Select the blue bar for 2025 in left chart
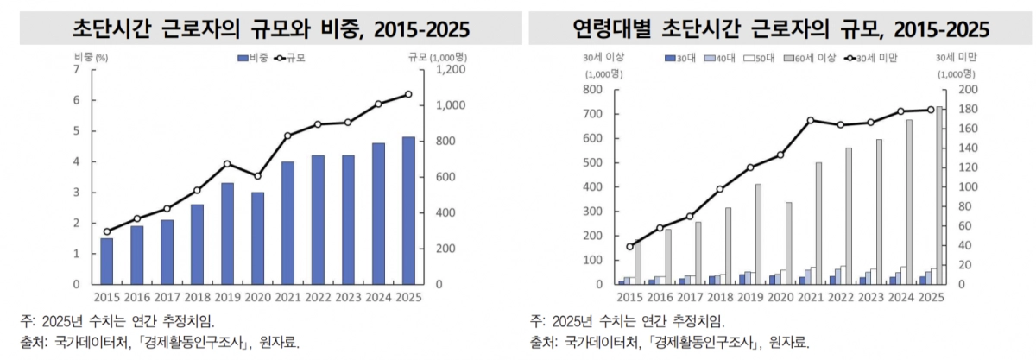pyautogui.click(x=408, y=211)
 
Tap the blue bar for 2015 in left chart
pyautogui.click(x=106, y=261)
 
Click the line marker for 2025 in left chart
pyautogui.click(x=408, y=94)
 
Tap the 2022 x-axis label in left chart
pyautogui.click(x=318, y=297)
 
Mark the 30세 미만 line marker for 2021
pyautogui.click(x=811, y=121)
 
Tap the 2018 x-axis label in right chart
pyautogui.click(x=718, y=297)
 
